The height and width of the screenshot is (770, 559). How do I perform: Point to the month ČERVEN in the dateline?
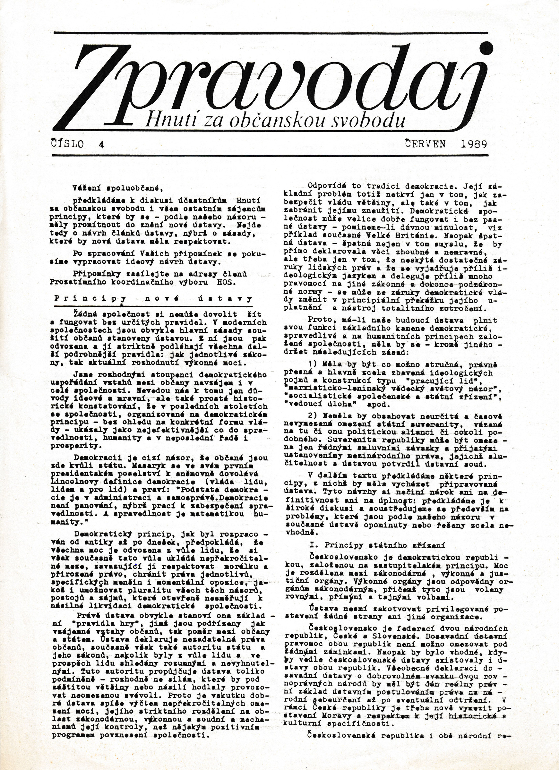[x=425, y=144]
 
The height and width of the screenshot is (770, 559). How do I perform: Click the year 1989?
[x=474, y=144]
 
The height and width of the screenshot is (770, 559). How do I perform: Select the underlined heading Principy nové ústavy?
[x=153, y=299]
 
